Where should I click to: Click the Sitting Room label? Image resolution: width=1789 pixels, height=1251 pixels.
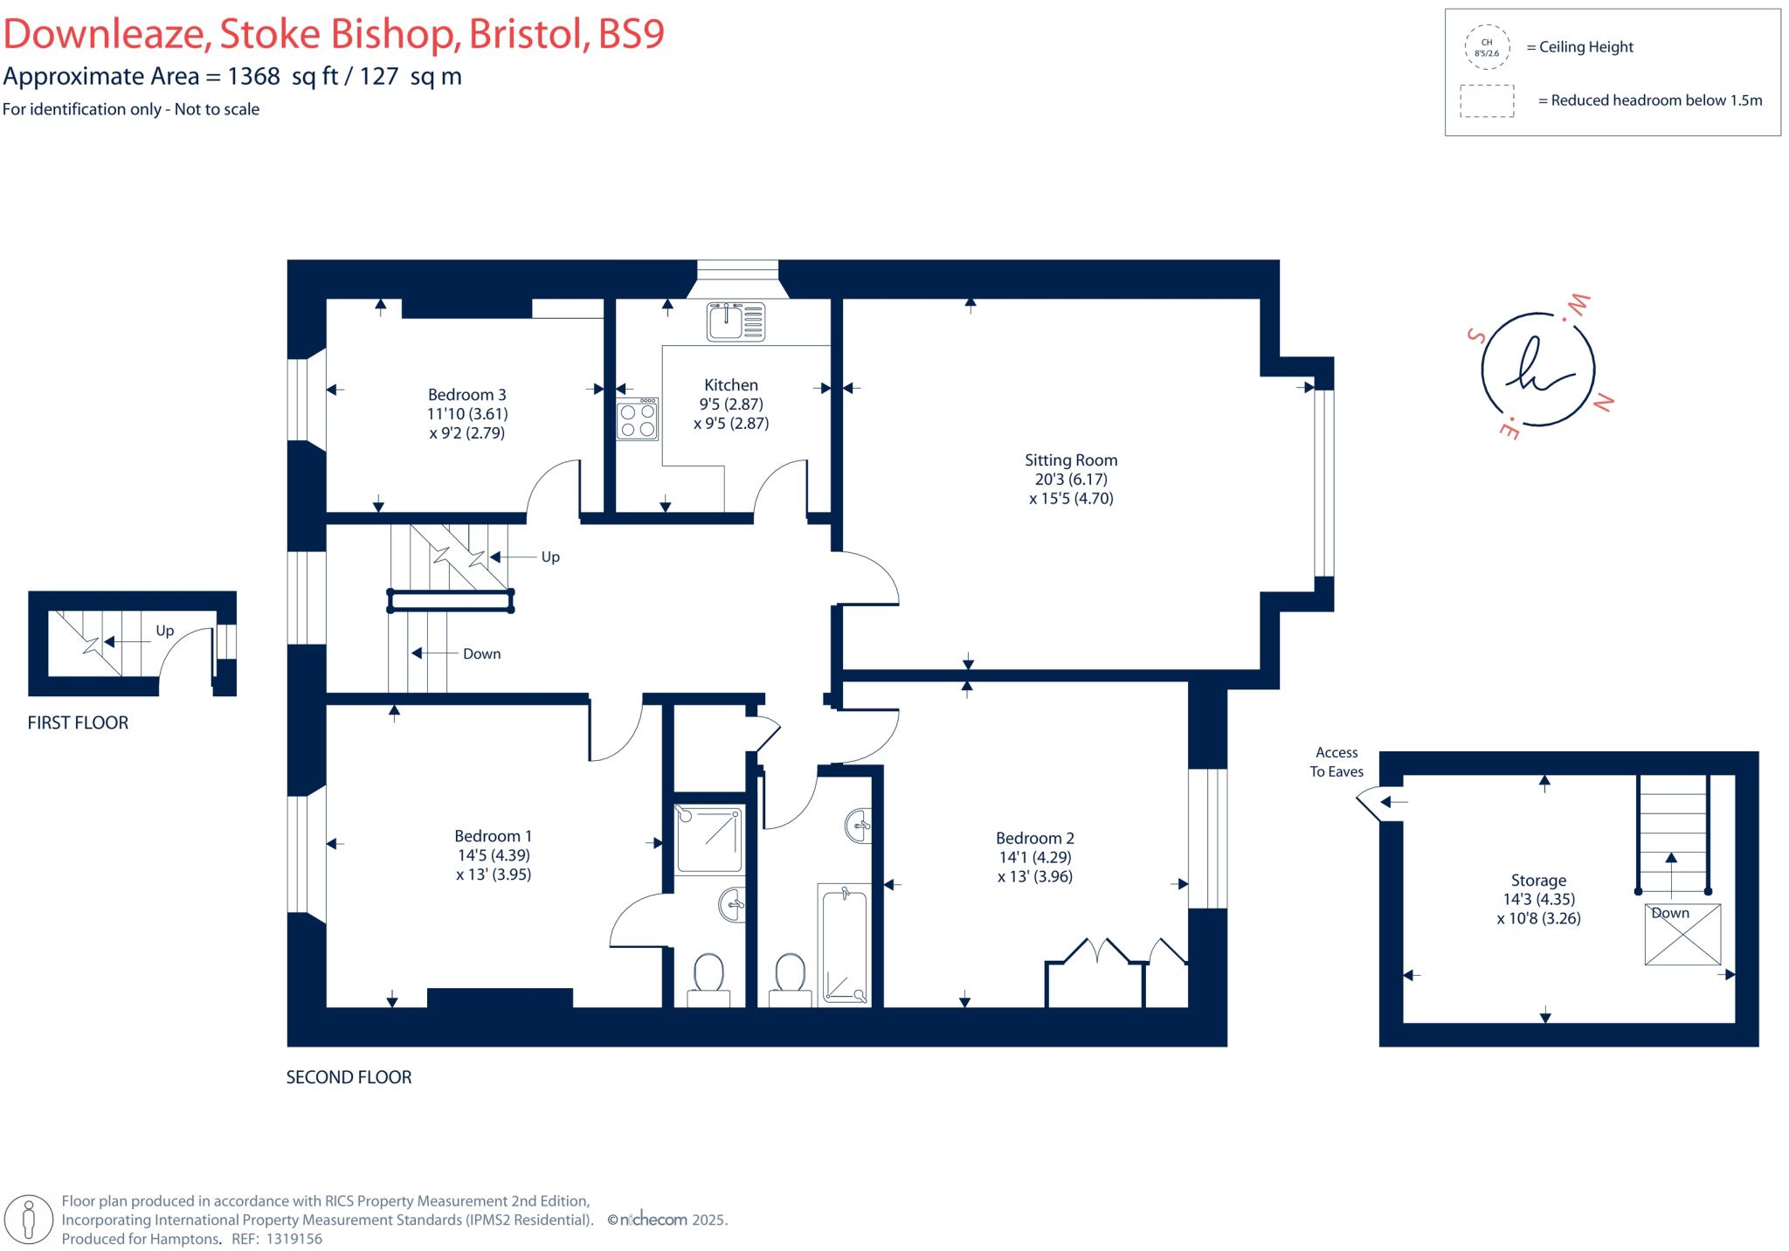(x=1070, y=460)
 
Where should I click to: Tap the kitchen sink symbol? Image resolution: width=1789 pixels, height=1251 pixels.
(x=735, y=321)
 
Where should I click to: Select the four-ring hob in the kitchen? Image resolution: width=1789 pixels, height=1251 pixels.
(x=637, y=419)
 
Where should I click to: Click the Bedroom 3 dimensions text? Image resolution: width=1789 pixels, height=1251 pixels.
(x=467, y=424)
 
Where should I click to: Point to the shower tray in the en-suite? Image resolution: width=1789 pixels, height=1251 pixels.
(x=709, y=840)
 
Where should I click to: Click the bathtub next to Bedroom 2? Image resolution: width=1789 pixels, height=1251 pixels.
(x=844, y=943)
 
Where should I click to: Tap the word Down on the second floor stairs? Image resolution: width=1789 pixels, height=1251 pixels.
(x=481, y=653)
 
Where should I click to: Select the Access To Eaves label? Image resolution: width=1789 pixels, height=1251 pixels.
(x=1336, y=762)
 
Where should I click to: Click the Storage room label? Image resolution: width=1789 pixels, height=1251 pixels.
(x=1537, y=881)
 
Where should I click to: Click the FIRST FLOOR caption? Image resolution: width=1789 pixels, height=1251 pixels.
(x=78, y=722)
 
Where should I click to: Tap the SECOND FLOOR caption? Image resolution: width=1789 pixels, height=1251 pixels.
(x=349, y=1077)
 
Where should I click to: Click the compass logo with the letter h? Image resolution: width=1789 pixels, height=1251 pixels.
(x=1537, y=370)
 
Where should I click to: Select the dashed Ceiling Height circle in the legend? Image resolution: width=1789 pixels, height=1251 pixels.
(x=1486, y=47)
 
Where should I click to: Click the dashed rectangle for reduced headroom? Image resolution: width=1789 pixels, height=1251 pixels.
(x=1486, y=100)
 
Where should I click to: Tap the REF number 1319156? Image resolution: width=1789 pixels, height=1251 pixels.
(x=294, y=1239)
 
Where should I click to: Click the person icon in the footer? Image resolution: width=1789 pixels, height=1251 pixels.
(x=29, y=1219)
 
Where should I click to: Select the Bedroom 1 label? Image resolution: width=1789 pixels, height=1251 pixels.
(x=493, y=836)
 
